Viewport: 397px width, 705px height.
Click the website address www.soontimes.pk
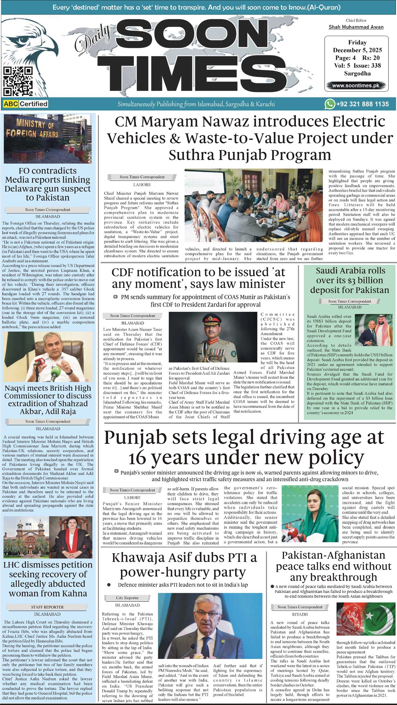(x=355, y=86)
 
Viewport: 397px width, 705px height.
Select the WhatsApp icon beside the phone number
(x=330, y=104)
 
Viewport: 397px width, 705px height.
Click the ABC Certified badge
(x=26, y=104)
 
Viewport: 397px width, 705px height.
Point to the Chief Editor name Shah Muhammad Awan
(x=356, y=27)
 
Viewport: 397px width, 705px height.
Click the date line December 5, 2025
(x=357, y=50)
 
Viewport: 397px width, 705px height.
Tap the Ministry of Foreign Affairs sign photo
(x=48, y=139)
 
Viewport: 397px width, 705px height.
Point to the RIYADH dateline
(x=300, y=614)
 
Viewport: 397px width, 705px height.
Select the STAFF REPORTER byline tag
(x=47, y=607)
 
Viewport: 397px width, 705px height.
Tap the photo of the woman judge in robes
(x=71, y=537)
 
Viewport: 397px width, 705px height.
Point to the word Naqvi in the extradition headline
(x=17, y=388)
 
